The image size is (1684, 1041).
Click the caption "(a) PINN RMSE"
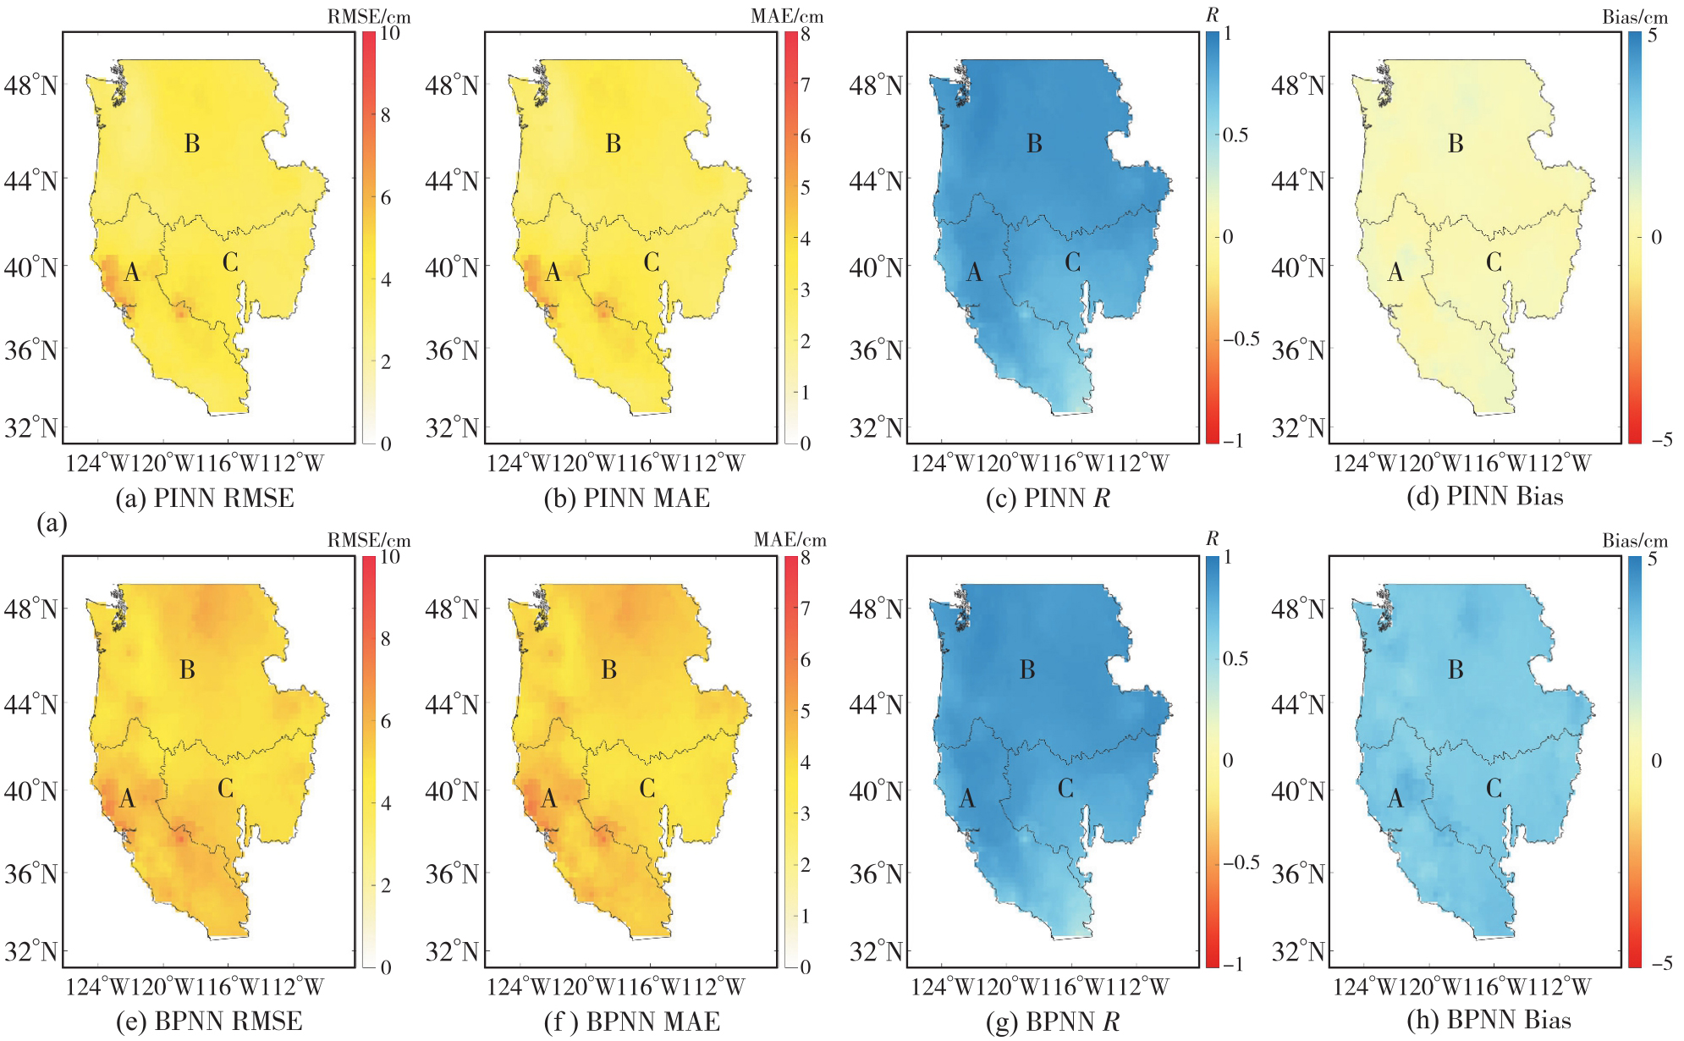click(205, 498)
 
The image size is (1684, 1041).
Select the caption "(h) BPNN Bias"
click(1489, 1021)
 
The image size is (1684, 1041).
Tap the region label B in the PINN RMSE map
click(192, 144)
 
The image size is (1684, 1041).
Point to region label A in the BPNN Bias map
click(1395, 798)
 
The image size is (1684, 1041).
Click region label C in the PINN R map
click(1072, 262)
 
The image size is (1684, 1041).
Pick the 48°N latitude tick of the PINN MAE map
click(452, 85)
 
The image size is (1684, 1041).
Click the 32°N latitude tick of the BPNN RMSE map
click(31, 951)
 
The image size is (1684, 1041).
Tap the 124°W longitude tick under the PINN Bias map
click(1366, 463)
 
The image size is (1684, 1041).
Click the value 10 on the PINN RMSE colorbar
click(390, 33)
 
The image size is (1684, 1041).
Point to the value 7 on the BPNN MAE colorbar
click(806, 609)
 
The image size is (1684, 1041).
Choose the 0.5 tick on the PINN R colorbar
click(1235, 135)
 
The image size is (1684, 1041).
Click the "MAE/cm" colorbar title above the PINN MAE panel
click(787, 16)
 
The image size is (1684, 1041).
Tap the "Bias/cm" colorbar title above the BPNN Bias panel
click(1635, 541)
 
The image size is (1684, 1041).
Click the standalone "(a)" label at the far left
click(52, 524)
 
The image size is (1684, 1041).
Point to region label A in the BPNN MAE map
click(549, 798)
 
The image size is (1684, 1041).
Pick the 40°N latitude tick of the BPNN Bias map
click(1298, 791)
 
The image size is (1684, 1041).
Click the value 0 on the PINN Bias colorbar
click(1656, 237)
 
